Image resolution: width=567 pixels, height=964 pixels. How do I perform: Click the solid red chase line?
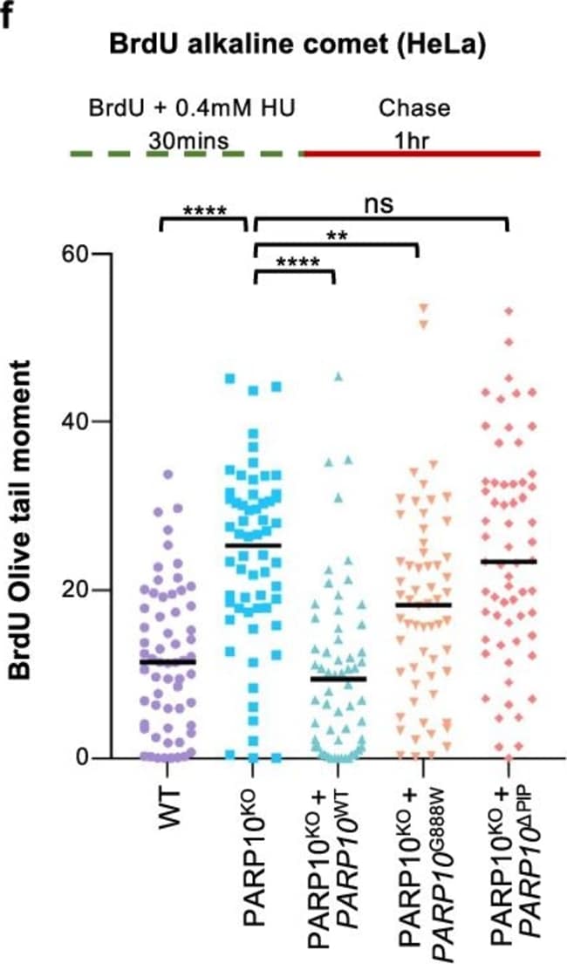point(422,154)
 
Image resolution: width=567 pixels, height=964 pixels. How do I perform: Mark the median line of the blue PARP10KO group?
point(252,545)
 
